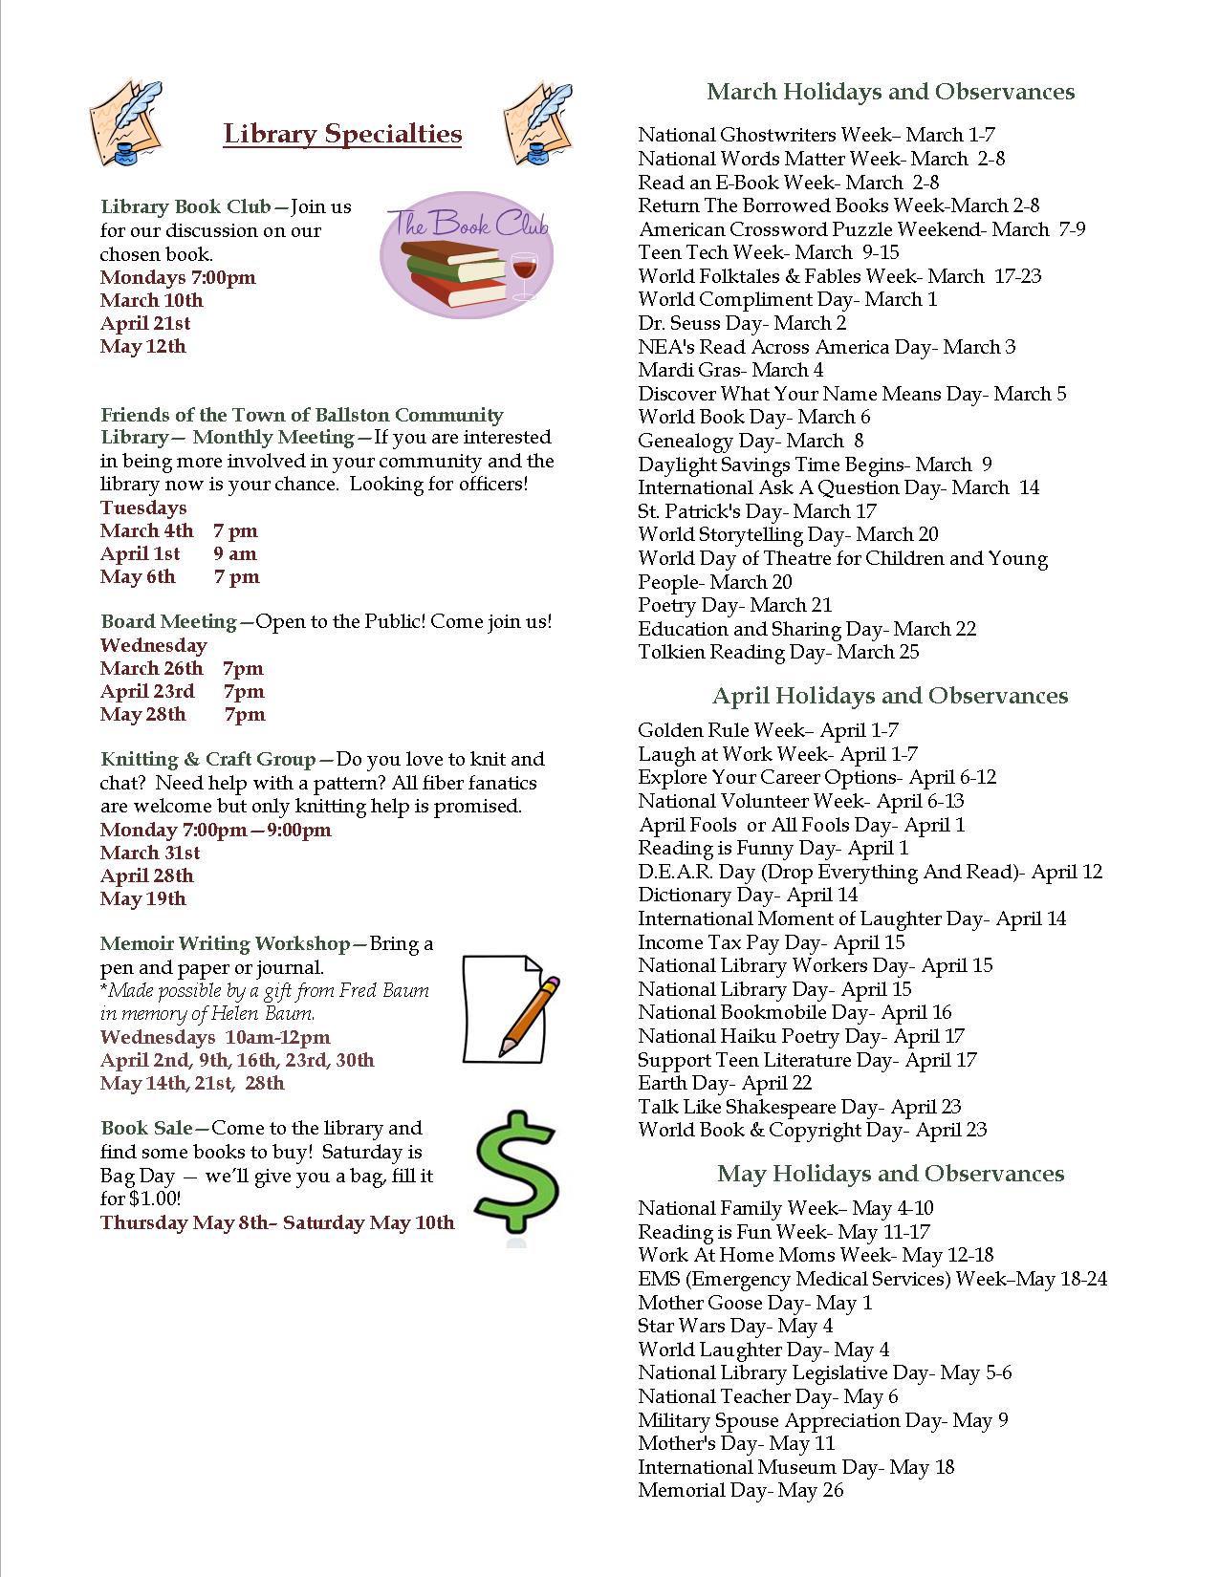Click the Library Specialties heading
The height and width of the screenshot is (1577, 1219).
pos(342,134)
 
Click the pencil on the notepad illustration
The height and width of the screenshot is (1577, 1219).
pos(530,1015)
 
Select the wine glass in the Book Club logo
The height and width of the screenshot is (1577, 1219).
pos(525,273)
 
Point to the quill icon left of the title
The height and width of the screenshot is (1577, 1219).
pos(126,122)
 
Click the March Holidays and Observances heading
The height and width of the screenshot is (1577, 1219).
pos(890,92)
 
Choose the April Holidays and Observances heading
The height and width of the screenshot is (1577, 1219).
pos(890,696)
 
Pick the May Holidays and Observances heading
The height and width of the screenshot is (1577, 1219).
pos(890,1174)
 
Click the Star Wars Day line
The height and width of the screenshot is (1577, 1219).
pos(735,1326)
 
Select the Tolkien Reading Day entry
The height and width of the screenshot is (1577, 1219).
pos(778,652)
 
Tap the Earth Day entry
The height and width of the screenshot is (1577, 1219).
pos(725,1083)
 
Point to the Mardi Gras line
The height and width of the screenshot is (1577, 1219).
pos(730,370)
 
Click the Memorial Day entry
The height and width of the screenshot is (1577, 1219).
pos(741,1490)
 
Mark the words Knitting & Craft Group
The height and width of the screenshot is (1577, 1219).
pos(207,759)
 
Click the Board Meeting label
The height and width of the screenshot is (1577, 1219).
pos(168,621)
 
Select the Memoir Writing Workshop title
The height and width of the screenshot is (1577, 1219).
pos(226,943)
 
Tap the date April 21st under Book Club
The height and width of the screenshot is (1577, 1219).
pos(145,323)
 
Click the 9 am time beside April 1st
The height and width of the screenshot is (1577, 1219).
pos(235,553)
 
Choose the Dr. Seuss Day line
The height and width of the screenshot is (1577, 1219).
pos(742,323)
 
